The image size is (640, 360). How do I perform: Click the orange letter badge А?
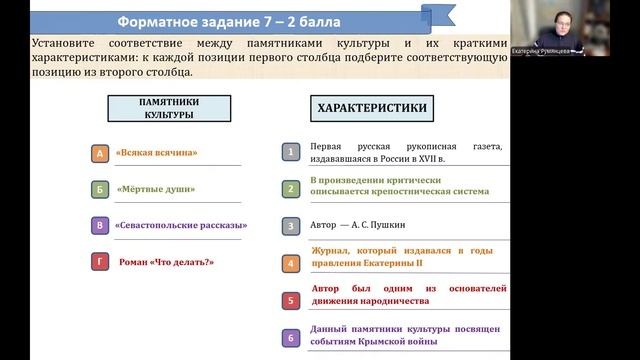tap(99, 153)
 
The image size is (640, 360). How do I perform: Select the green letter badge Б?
tap(99, 189)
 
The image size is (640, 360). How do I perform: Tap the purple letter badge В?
tap(99, 225)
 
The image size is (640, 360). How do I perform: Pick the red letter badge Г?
tap(99, 262)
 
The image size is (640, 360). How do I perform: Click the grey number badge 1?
tap(290, 152)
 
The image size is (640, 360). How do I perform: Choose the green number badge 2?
tap(290, 189)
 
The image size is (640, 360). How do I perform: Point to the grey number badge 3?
tap(290, 226)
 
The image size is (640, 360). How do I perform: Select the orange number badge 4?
tap(290, 264)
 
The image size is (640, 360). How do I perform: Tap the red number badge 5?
tap(290, 300)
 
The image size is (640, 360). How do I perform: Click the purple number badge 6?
tap(290, 338)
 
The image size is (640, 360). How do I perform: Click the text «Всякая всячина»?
tap(156, 153)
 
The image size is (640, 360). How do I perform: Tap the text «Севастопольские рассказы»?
tap(180, 225)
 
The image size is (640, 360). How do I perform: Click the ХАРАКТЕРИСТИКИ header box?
tap(372, 107)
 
